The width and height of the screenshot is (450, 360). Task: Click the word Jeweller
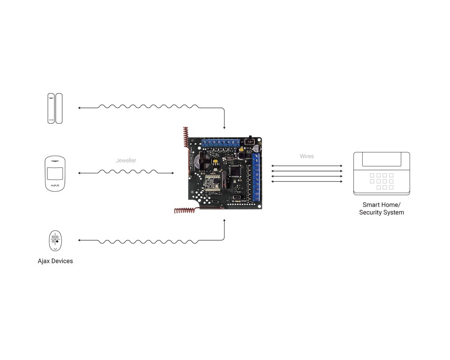point(125,160)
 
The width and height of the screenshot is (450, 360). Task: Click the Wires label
point(307,156)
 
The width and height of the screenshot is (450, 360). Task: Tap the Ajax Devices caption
point(55,261)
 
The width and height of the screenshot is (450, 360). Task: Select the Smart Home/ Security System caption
point(381,208)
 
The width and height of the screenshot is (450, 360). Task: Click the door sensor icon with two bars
point(55,108)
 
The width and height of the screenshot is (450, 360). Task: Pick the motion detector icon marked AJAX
point(55,174)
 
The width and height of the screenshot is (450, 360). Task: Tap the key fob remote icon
point(55,241)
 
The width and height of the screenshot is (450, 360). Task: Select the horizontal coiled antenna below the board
point(189,210)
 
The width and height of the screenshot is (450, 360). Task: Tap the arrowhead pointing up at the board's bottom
point(224,221)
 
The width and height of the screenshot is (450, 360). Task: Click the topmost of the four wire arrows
point(307,166)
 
